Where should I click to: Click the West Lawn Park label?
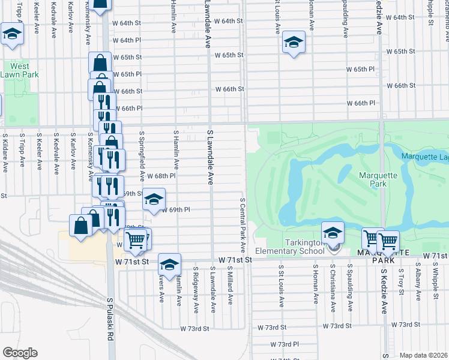point(19,70)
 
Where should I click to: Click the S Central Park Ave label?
point(243,225)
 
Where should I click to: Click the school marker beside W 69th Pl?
point(154,200)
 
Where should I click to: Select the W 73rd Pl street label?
point(285,344)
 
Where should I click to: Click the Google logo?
point(20,353)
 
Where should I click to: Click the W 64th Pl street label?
point(130,40)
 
